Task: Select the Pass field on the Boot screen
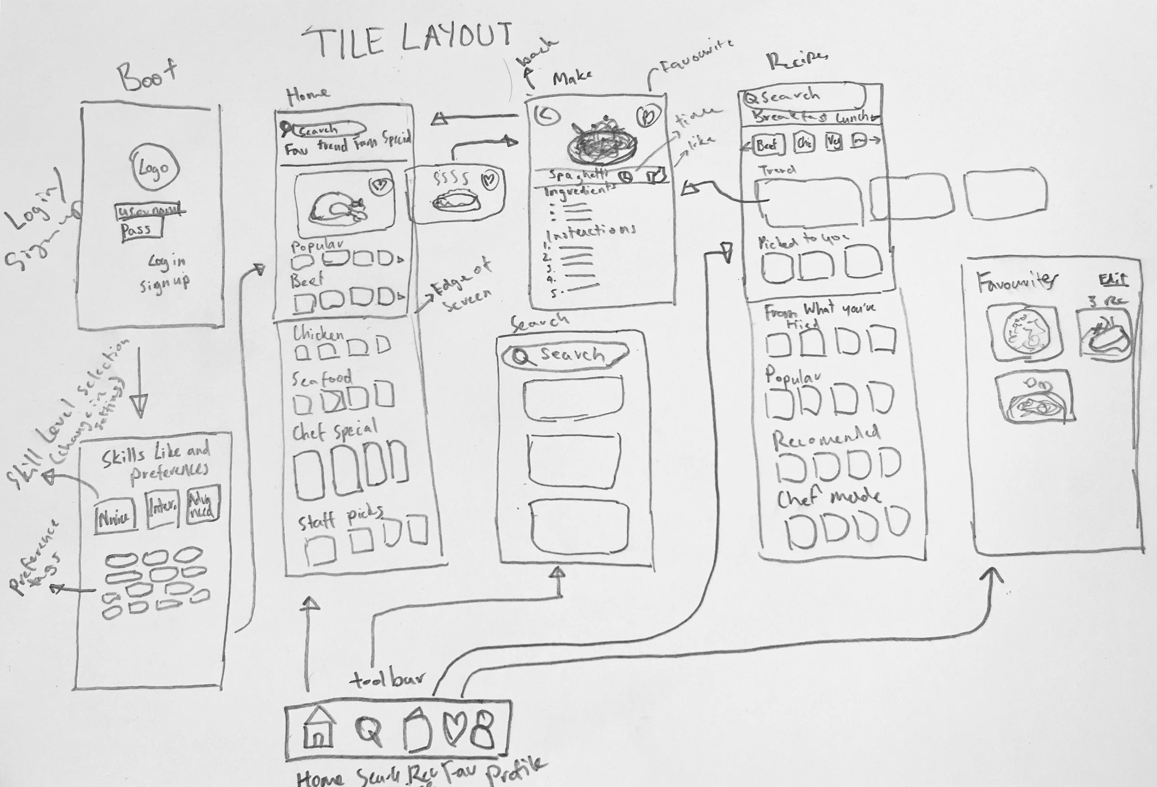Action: tap(142, 230)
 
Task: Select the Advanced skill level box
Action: tap(203, 506)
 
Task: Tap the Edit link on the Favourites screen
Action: tap(1113, 280)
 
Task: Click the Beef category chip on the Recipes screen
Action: tap(767, 145)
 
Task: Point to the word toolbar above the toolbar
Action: tap(388, 680)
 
